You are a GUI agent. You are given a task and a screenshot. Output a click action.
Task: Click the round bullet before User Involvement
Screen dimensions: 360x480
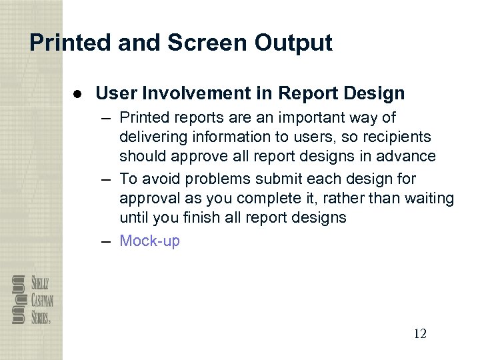[79, 93]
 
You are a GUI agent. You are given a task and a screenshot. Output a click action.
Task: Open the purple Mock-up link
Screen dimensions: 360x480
[149, 241]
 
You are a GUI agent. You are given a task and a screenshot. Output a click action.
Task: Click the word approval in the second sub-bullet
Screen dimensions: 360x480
[147, 199]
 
